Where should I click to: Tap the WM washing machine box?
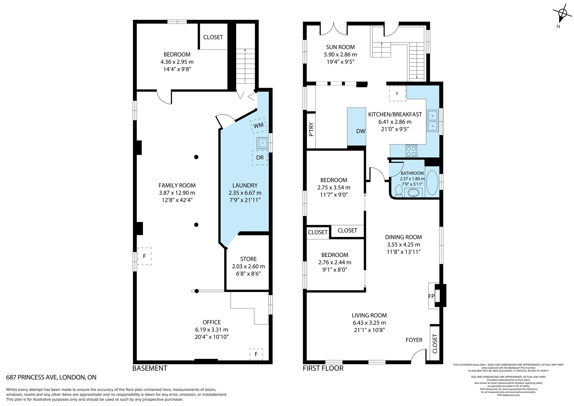coord(258,126)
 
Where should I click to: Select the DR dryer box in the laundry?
coord(260,158)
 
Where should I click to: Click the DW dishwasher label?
coord(361,131)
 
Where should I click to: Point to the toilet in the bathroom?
coord(399,191)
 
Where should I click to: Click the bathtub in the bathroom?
coord(432,183)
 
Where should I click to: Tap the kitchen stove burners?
coord(412,151)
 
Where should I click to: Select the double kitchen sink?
coord(433,121)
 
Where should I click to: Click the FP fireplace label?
coord(431,296)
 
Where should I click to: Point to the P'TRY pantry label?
coord(311,129)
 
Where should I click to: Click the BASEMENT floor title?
coord(150,368)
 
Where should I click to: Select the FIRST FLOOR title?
coord(323,368)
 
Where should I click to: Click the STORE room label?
coord(249,259)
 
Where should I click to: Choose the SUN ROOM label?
coord(340,47)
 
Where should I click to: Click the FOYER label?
coord(414,340)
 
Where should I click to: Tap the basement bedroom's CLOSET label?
coord(213,37)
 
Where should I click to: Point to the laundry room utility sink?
coord(263,143)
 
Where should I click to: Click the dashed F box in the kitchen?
coord(397,94)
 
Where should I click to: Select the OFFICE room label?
coord(212,322)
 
